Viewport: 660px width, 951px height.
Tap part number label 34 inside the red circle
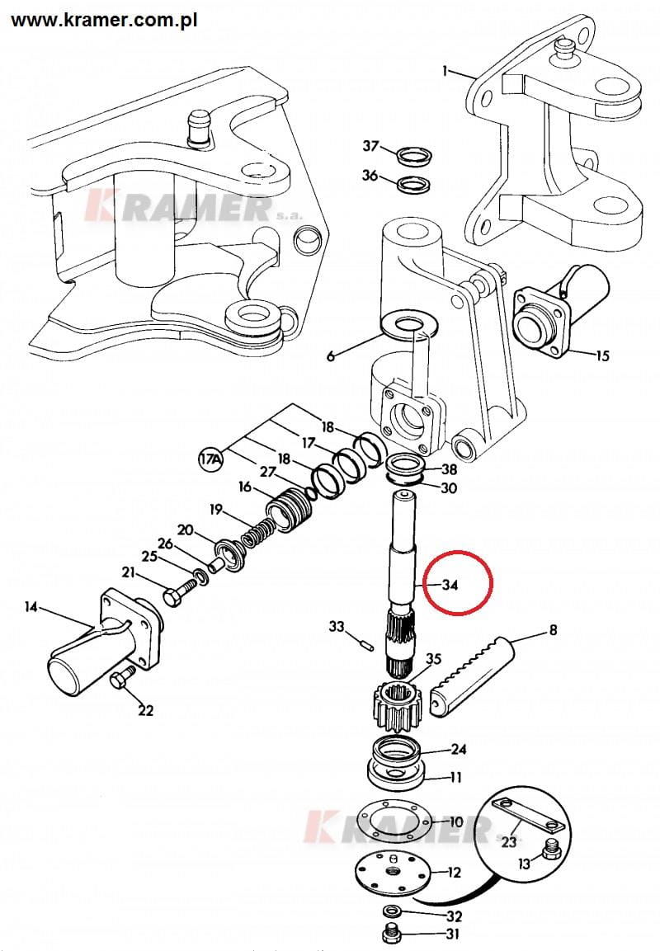pyautogui.click(x=450, y=585)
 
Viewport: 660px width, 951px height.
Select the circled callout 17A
pyautogui.click(x=211, y=458)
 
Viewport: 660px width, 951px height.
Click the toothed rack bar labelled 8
pyautogui.click(x=471, y=667)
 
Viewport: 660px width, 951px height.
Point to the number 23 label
pyautogui.click(x=508, y=842)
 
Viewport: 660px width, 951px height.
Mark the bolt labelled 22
pyautogui.click(x=119, y=680)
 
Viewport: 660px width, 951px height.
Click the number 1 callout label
pyautogui.click(x=445, y=72)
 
